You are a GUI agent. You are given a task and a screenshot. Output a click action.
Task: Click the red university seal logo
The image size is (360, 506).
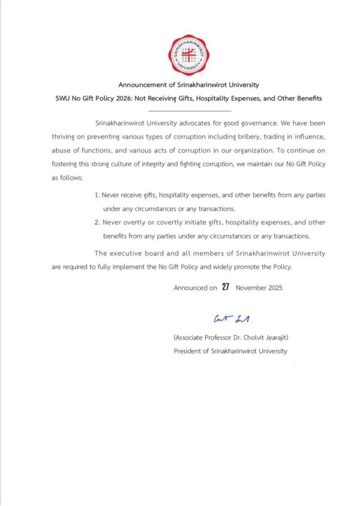tap(188, 55)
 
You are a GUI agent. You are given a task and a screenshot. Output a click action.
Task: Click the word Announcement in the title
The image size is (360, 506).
tap(140, 85)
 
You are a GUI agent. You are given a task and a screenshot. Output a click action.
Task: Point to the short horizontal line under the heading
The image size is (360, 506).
tap(189, 111)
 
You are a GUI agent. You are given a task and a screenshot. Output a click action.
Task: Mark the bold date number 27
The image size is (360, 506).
tap(226, 287)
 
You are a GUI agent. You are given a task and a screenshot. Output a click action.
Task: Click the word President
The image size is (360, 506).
tap(187, 351)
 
